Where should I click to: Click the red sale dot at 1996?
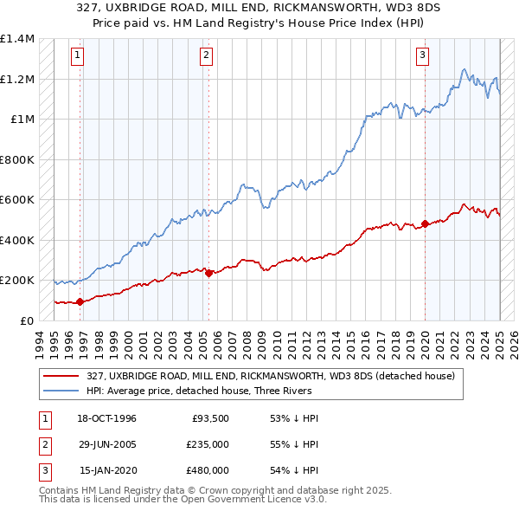coord(80,302)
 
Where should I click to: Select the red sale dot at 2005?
coord(209,274)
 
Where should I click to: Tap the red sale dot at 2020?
coord(425,224)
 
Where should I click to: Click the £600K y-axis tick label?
coord(17,200)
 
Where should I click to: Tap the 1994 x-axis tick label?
coord(40,342)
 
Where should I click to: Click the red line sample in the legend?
coord(61,376)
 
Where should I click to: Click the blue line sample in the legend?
coord(61,391)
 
